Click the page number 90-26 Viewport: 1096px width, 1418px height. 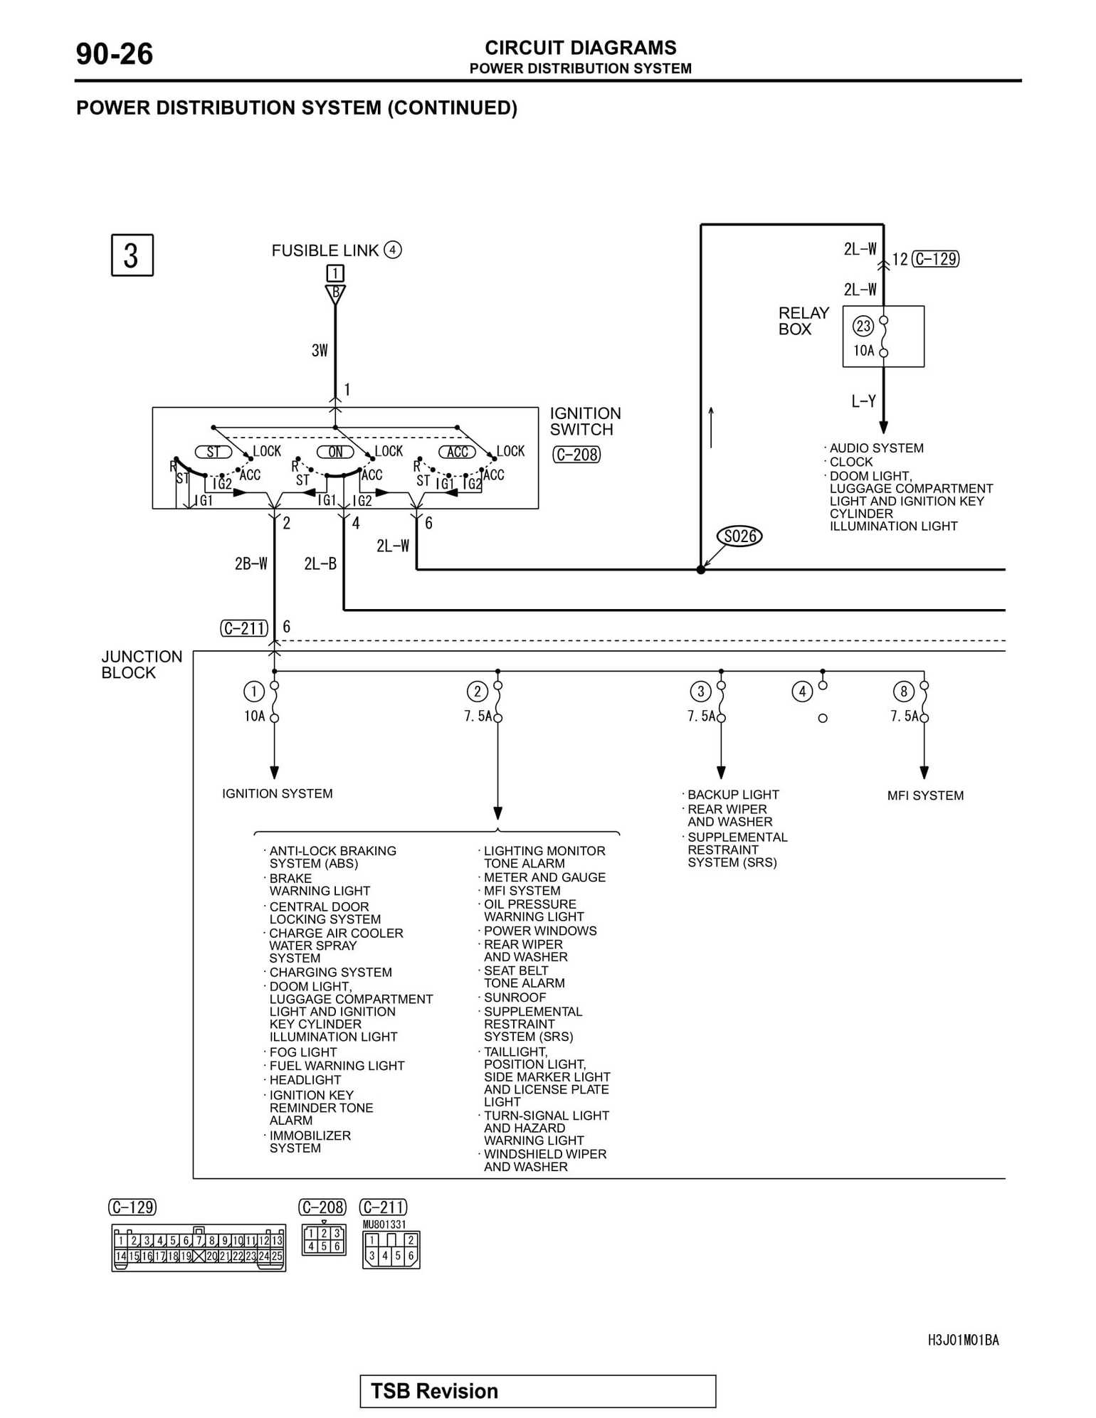(x=115, y=54)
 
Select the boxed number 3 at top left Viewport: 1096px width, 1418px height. (x=132, y=255)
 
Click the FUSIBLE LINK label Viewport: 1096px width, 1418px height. (x=325, y=250)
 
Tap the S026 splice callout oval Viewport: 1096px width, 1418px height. (x=739, y=536)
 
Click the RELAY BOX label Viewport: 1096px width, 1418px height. (x=803, y=321)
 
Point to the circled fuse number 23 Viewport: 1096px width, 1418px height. (x=863, y=327)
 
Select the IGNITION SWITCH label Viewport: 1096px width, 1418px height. (x=585, y=421)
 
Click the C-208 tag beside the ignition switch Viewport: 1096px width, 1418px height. (x=576, y=455)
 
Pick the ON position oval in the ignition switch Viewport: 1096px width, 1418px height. (x=335, y=452)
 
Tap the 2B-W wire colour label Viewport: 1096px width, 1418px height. (x=251, y=564)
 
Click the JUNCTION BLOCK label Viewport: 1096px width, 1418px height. (x=142, y=665)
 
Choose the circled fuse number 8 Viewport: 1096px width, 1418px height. (x=904, y=691)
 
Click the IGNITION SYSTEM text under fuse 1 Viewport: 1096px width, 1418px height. (x=277, y=793)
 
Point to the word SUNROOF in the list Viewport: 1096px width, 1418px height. (x=515, y=998)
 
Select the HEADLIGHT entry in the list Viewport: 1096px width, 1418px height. (x=305, y=1079)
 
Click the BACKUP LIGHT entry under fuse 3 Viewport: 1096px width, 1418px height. (x=733, y=794)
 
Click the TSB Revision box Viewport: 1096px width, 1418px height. (x=537, y=1390)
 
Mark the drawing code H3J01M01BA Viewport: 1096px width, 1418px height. (x=963, y=1340)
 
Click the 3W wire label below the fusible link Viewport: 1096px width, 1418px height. (x=320, y=350)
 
